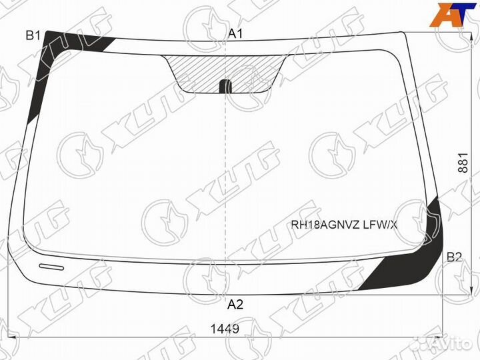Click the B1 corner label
pyautogui.click(x=33, y=36)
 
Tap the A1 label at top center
pyautogui.click(x=236, y=34)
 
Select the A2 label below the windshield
pyautogui.click(x=235, y=305)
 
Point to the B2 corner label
pyautogui.click(x=454, y=257)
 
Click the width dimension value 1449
pyautogui.click(x=225, y=329)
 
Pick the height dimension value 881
pyautogui.click(x=463, y=163)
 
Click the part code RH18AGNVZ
pyautogui.click(x=325, y=225)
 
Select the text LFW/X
pyautogui.click(x=380, y=225)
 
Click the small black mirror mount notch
pyautogui.click(x=225, y=86)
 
